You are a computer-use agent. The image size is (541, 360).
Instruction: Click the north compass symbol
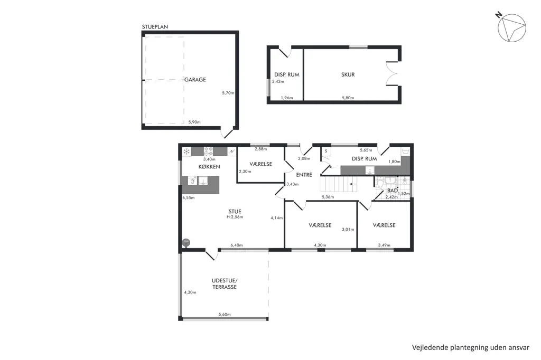[x=511, y=27]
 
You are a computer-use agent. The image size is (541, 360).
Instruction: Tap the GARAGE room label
[x=195, y=80]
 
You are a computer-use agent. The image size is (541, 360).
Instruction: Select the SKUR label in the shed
[x=348, y=74]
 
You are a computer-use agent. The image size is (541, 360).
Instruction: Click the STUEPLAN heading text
[x=155, y=27]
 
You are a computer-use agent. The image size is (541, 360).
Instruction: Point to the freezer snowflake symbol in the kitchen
[x=186, y=151]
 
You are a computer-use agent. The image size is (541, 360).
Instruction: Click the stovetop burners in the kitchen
[x=208, y=151]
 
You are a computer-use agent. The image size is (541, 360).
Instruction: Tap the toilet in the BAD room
[x=379, y=183]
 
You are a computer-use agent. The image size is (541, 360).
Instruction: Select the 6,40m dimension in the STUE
[x=236, y=245]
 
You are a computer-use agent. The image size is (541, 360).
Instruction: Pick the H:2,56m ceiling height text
[x=235, y=217]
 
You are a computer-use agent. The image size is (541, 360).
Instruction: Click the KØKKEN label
[x=209, y=167]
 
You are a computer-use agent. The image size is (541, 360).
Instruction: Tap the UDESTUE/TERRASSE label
[x=224, y=284]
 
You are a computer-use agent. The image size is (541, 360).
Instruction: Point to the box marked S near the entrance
[x=326, y=151]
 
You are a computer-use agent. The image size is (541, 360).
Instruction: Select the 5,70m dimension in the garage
[x=228, y=93]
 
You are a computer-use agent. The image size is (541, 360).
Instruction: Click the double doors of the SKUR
[x=393, y=73]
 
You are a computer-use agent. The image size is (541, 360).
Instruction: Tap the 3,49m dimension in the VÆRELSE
[x=384, y=245]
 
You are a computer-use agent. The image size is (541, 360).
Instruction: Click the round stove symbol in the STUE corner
[x=186, y=242]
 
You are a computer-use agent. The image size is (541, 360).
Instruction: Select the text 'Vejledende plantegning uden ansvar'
[x=471, y=347]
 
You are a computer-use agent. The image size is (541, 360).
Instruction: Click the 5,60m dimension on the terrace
[x=225, y=315]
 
